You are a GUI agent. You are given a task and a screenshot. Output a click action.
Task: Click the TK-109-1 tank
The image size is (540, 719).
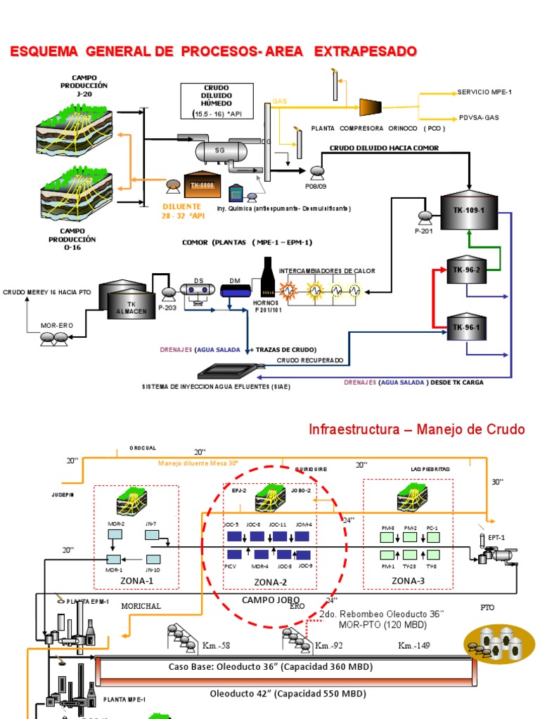(469, 209)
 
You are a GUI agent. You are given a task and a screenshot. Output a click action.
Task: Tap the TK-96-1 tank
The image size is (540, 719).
(463, 326)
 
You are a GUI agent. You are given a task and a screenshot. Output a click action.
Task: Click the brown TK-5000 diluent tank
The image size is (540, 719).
(202, 185)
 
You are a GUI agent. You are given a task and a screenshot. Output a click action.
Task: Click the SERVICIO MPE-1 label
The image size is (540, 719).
(484, 92)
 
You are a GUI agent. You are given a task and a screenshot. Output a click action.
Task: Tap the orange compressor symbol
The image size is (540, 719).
(371, 107)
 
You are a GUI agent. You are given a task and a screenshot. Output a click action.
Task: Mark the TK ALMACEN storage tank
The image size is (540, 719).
(126, 296)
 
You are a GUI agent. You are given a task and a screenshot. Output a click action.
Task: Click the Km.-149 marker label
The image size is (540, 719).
(414, 645)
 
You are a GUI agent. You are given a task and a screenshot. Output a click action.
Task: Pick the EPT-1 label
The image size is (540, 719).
(496, 537)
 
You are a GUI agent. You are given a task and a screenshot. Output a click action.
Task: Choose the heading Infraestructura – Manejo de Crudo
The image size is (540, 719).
(416, 430)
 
